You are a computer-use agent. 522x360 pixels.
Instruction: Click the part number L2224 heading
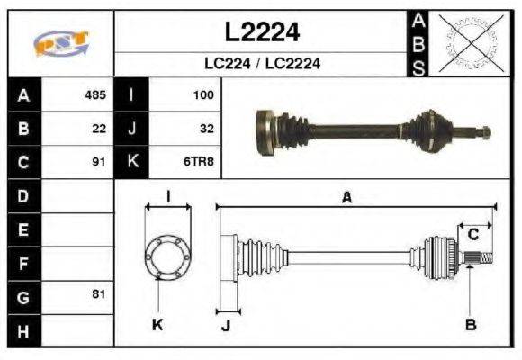point(261,32)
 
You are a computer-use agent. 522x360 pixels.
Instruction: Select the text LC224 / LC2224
point(261,64)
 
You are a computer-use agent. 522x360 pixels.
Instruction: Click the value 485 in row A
point(95,94)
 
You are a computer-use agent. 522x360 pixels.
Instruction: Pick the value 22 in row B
point(99,129)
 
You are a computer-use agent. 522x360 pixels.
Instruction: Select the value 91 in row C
point(99,162)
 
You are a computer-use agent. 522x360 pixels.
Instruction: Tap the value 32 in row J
point(206,129)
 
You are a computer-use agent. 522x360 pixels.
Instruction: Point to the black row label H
point(22,330)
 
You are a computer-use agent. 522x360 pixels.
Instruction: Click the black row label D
point(22,195)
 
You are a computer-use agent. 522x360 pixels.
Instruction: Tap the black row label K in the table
point(131,162)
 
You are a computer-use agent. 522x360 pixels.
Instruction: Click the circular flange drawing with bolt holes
point(167,256)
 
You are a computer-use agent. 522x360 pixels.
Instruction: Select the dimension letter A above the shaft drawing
point(346,198)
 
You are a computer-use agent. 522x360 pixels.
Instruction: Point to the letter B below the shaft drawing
point(469,323)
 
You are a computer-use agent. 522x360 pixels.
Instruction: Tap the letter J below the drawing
point(226,325)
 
